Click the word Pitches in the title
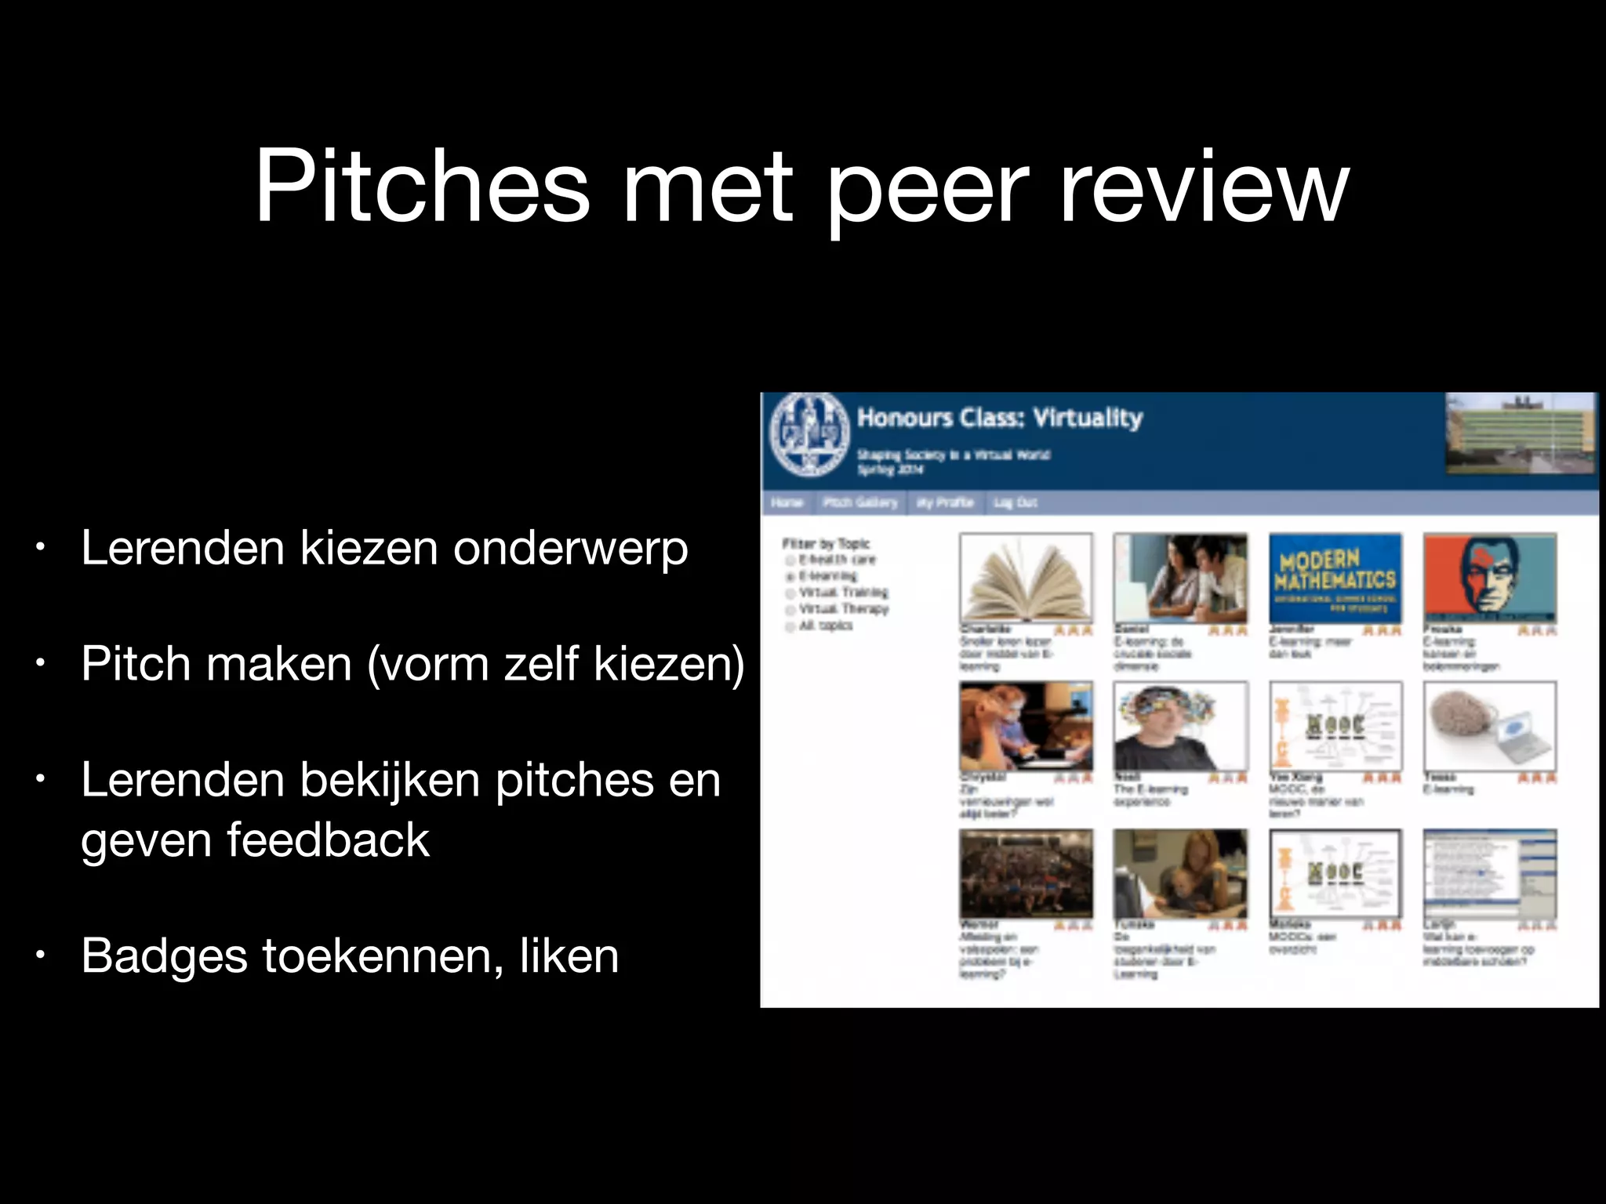[x=421, y=188]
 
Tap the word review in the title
[x=1204, y=188]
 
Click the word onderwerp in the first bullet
[x=570, y=548]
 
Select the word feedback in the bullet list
[x=329, y=840]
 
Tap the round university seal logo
[x=808, y=433]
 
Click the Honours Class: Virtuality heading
[x=999, y=417]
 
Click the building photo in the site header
[x=1520, y=433]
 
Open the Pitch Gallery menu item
[x=859, y=502]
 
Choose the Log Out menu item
[x=1015, y=502]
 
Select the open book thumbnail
[x=1026, y=578]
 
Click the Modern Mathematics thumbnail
[x=1335, y=578]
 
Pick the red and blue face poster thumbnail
[x=1489, y=578]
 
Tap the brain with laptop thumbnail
[x=1489, y=727]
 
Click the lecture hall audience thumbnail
[x=1026, y=873]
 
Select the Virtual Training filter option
[x=843, y=593]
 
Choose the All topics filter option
[x=825, y=626]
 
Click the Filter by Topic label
[x=826, y=543]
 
